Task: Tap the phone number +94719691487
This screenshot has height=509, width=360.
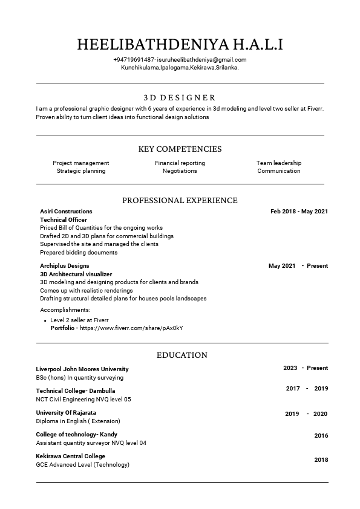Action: [x=133, y=60]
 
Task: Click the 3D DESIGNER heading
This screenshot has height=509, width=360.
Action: [x=180, y=97]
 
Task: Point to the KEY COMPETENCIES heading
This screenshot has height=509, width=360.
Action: [x=180, y=149]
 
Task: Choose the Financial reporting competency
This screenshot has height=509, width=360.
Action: [x=180, y=163]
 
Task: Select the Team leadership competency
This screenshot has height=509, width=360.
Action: [x=278, y=163]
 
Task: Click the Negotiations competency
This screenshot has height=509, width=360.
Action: [x=180, y=171]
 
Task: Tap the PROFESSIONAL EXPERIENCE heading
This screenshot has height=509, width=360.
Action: [x=180, y=200]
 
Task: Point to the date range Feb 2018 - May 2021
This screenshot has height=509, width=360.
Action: [x=299, y=212]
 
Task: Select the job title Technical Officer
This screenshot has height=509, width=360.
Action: [x=64, y=220]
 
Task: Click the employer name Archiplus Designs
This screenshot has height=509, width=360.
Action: [x=64, y=266]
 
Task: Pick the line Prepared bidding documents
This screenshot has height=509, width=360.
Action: [x=79, y=253]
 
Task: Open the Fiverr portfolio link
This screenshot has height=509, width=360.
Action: [x=131, y=328]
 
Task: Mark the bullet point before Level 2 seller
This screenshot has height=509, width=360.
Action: [x=45, y=320]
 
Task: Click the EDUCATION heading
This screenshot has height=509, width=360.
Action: [x=182, y=355]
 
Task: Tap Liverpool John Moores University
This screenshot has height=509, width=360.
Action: [x=82, y=369]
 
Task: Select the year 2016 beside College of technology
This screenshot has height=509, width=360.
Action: [x=321, y=436]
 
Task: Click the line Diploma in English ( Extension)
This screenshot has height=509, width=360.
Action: [x=78, y=421]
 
